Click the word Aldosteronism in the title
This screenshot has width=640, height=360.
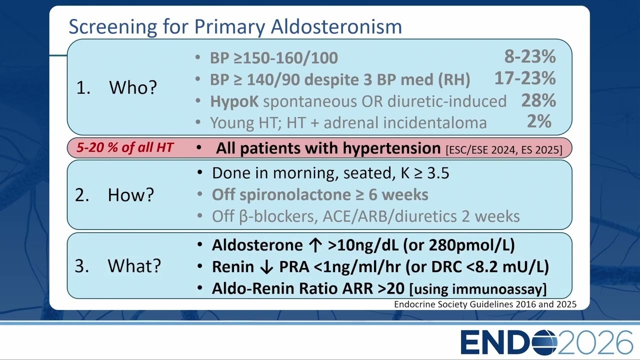coord(336,26)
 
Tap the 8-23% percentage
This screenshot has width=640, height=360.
coord(530,56)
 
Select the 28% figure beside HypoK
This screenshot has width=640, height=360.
coord(538,100)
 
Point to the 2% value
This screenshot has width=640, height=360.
coord(539,121)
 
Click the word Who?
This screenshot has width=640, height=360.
coord(133,87)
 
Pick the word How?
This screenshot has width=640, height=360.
coord(131,195)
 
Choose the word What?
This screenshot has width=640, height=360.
coord(134,265)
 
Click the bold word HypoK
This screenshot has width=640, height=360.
coord(234,101)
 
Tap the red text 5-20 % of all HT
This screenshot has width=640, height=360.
coord(125,147)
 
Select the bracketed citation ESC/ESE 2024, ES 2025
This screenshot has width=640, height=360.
coord(504,149)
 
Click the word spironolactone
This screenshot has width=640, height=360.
coord(295,195)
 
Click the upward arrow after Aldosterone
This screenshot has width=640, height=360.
coord(315,245)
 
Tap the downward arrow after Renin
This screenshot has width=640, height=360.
coord(266,267)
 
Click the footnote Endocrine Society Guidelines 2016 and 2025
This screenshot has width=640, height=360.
coord(485,304)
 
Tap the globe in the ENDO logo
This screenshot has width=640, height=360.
coord(544,342)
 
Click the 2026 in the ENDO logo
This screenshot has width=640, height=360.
coord(595,342)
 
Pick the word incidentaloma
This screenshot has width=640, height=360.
coord(435,123)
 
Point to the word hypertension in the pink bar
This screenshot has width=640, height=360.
coord(391,148)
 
